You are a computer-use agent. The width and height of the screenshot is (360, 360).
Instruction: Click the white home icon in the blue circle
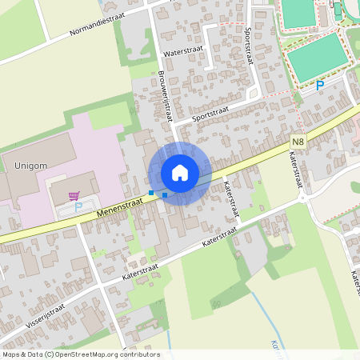tap(180, 173)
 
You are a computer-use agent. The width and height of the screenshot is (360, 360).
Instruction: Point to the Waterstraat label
tap(183, 50)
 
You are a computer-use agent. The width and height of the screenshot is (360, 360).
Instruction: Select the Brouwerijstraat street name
tap(165, 95)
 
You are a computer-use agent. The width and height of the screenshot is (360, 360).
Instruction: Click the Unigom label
tap(31, 166)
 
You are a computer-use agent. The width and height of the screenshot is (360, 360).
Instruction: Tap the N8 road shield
tap(298, 141)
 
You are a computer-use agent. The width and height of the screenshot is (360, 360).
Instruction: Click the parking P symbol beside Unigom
tap(78, 206)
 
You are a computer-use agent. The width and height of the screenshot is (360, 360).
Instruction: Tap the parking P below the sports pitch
tap(320, 85)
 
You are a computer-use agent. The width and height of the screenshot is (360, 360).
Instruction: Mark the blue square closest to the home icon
tap(165, 194)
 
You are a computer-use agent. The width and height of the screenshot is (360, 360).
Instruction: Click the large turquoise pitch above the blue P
tap(318, 56)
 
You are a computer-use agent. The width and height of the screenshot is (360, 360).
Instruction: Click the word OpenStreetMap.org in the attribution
tap(90, 354)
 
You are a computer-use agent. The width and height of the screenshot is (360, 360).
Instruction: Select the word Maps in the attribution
tap(11, 354)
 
